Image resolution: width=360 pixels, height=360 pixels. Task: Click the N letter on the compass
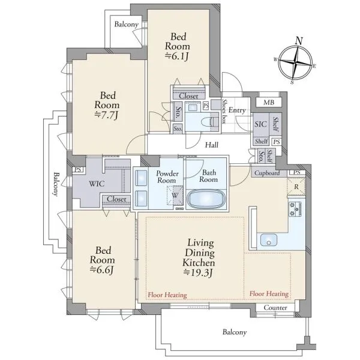point(299,41)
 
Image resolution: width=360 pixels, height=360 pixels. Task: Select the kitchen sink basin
point(269,240)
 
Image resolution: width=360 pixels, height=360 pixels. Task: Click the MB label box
point(269,102)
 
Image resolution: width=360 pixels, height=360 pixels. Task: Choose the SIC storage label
point(260,124)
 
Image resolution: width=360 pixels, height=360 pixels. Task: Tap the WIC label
point(97,184)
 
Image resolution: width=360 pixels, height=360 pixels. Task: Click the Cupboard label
point(267,173)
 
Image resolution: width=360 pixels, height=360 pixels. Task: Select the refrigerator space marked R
point(296,187)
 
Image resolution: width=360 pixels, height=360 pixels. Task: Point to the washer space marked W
point(175,196)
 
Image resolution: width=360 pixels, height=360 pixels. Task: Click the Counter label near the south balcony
point(275,308)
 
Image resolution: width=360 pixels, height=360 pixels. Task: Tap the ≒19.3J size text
point(199,273)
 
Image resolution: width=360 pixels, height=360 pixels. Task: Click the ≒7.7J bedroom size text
point(106,115)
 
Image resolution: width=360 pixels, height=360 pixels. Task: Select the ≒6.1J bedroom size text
point(177,56)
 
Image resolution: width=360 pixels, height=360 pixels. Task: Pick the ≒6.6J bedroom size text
point(102,270)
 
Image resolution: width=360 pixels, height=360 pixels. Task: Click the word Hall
point(212,145)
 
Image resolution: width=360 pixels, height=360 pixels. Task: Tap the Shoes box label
point(224,112)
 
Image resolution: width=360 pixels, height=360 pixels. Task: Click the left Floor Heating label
point(167,295)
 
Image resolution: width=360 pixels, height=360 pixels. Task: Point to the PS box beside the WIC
point(78,170)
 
